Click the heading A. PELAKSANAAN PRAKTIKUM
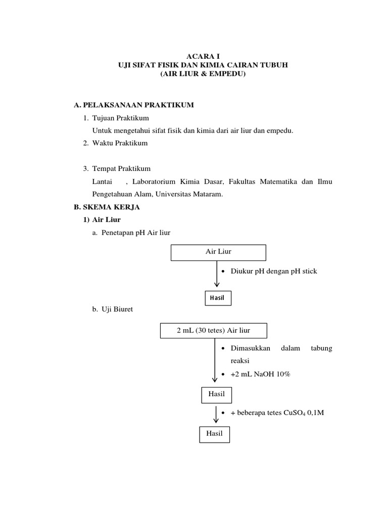(134, 105)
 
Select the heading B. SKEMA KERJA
(107, 207)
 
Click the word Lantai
(102, 182)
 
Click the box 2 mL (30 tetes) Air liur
(213, 331)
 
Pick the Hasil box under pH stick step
(217, 298)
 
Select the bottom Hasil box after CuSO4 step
(214, 434)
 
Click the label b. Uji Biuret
(112, 309)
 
